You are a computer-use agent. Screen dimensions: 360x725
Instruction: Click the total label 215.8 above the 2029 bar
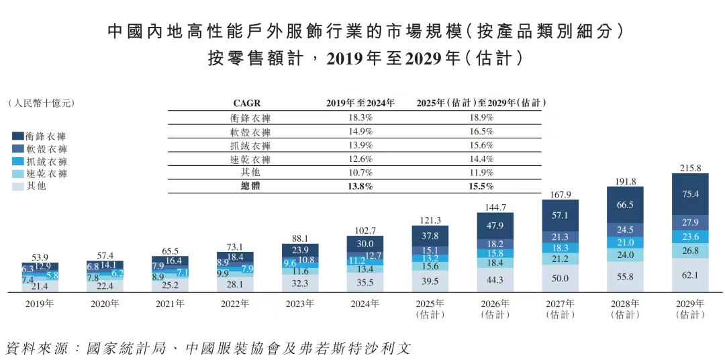(691, 167)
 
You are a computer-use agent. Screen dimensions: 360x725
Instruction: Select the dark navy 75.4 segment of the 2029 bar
(691, 194)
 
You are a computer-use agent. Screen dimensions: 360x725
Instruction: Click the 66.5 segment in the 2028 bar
(626, 204)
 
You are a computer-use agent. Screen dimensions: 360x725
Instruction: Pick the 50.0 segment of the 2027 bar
(561, 278)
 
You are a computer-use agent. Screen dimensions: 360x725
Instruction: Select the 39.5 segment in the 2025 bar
(430, 281)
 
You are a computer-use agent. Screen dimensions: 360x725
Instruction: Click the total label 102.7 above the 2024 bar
(365, 230)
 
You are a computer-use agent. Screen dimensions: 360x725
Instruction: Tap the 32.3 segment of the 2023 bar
(300, 283)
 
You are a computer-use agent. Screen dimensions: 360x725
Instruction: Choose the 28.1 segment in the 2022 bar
(235, 284)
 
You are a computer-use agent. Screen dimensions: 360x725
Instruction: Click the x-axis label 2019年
(40, 304)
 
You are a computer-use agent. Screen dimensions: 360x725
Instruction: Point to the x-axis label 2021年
(170, 304)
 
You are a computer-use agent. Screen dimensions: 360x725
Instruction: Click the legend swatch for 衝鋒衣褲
(18, 136)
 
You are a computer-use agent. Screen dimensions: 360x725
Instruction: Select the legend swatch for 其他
(18, 186)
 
